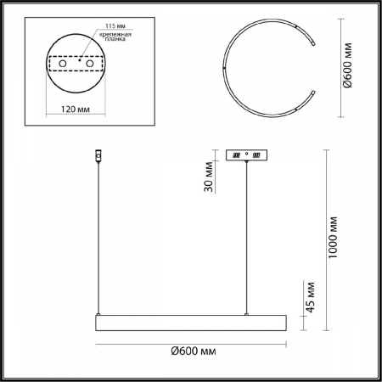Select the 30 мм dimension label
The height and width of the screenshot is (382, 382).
(x=210, y=177)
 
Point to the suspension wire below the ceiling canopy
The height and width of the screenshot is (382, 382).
(x=247, y=238)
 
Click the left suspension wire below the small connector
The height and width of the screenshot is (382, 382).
(x=97, y=238)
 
